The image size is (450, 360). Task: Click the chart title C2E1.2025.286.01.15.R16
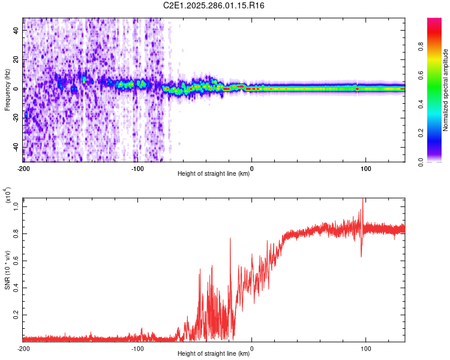[x=214, y=5]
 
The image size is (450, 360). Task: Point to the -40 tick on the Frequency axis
[x=15, y=147]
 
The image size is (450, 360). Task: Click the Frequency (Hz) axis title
[x=7, y=90]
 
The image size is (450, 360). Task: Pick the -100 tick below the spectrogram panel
[x=137, y=169]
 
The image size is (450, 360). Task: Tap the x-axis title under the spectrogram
[x=214, y=174]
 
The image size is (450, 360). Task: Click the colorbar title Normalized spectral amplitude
[x=446, y=91]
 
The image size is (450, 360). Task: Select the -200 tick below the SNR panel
[x=23, y=349]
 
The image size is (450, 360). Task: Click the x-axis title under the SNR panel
[x=214, y=354]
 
